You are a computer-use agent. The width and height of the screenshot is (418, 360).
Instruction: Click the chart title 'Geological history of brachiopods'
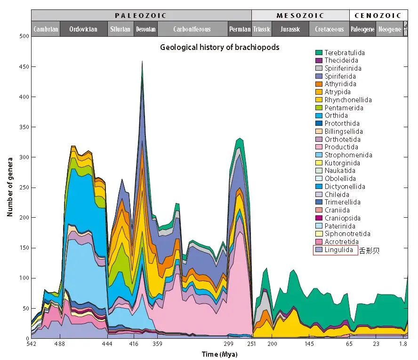click(x=219, y=47)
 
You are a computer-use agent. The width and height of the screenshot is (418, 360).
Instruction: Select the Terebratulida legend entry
click(x=344, y=53)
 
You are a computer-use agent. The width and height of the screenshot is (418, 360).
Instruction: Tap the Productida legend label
click(x=341, y=147)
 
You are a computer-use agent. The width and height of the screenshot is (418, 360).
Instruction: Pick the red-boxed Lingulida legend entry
click(x=335, y=250)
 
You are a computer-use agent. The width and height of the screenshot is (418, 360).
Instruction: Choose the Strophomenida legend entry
click(x=348, y=155)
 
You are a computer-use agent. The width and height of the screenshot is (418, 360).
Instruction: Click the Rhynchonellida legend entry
click(x=348, y=100)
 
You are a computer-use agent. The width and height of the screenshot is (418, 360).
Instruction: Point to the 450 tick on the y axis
click(x=23, y=67)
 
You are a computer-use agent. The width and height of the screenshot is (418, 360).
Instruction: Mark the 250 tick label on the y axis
click(x=23, y=188)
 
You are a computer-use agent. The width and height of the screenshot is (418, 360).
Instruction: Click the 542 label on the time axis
click(x=32, y=344)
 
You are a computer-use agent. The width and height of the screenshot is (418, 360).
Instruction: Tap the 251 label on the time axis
click(x=252, y=344)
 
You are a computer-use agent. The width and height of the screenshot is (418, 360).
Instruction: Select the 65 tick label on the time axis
click(x=349, y=344)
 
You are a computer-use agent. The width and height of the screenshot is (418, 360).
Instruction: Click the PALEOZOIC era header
click(x=141, y=15)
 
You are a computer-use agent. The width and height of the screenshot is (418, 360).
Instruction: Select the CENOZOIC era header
click(x=378, y=15)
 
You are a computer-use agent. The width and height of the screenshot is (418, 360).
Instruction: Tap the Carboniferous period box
click(x=192, y=29)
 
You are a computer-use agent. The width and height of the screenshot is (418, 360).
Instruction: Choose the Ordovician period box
click(x=83, y=29)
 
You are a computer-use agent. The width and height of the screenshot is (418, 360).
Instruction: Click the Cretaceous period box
click(x=329, y=29)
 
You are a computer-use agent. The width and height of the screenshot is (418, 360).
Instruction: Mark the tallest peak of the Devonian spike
click(x=142, y=61)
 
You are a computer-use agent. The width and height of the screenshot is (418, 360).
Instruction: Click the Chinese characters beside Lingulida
click(x=369, y=250)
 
